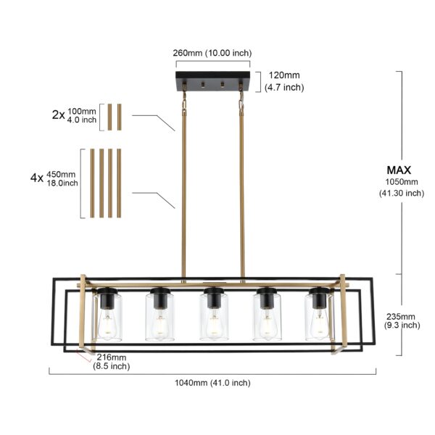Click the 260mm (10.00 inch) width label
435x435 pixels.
(212, 53)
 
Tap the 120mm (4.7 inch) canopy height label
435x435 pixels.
(284, 81)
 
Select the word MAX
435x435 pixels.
(399, 170)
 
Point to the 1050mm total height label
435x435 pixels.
(402, 187)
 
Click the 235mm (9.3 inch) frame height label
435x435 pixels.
(402, 320)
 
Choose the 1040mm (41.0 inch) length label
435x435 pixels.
(212, 383)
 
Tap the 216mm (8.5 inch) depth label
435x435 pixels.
(112, 362)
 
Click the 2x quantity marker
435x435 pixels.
(58, 115)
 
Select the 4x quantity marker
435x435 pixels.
(37, 178)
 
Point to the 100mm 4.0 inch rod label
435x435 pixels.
(82, 115)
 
